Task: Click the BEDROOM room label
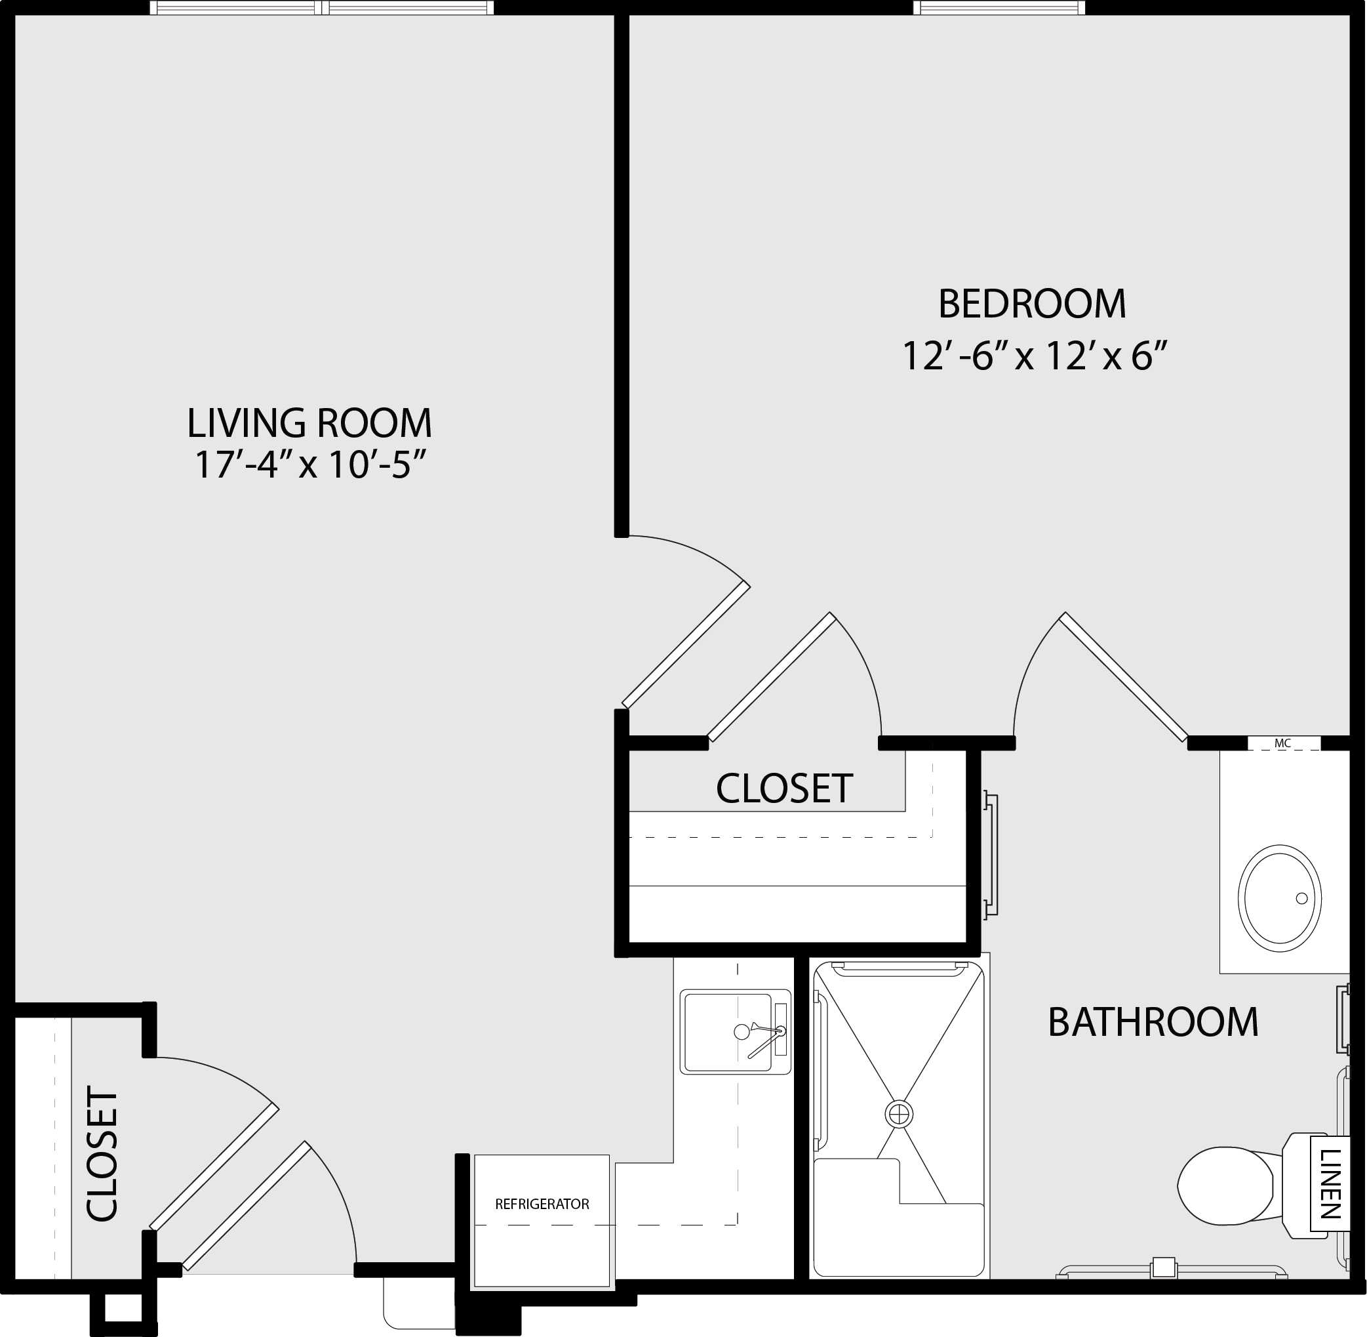click(1031, 303)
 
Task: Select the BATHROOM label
click(1153, 1021)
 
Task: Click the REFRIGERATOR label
click(542, 1204)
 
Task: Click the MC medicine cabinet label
click(1283, 743)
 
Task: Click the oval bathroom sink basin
click(1279, 898)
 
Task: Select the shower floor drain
click(898, 1114)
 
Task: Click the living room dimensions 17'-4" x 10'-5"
click(310, 464)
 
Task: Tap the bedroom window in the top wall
click(999, 8)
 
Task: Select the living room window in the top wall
click(321, 8)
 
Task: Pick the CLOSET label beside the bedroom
click(784, 788)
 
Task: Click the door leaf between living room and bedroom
click(686, 644)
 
